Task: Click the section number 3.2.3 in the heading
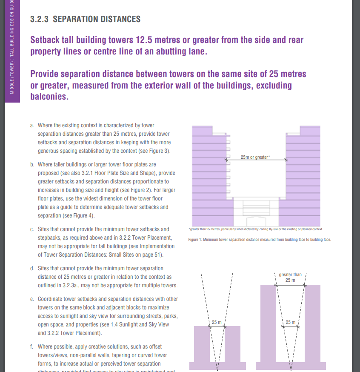39,19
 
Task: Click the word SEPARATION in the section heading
76,19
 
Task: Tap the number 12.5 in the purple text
147,40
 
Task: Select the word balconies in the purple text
49,96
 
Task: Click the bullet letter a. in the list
32,126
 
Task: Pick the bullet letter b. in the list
32,164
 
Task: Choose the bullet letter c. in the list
32,229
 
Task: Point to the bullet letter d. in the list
32,269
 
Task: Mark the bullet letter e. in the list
32,299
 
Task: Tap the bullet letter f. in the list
32,347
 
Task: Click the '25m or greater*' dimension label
255,157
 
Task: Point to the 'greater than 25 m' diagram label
290,277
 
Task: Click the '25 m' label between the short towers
217,322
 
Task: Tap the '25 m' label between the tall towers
291,322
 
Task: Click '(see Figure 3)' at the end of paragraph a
155,151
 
